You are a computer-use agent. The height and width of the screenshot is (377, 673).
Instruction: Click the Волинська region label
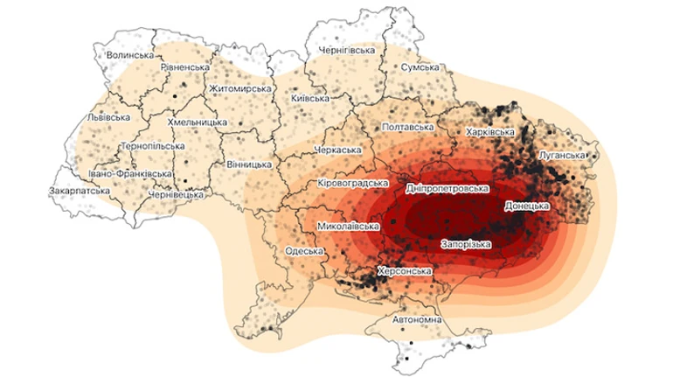point(130,55)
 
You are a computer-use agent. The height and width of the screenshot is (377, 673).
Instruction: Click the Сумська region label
point(420,67)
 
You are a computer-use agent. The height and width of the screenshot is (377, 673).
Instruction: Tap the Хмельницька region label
point(197,122)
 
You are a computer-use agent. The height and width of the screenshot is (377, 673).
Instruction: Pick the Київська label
point(309,98)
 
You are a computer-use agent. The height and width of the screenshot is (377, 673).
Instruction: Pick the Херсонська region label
point(404,272)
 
